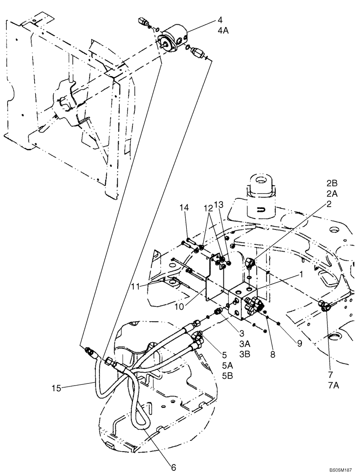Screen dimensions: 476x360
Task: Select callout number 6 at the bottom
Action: (x=174, y=467)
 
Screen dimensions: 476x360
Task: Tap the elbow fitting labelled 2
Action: (x=250, y=262)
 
